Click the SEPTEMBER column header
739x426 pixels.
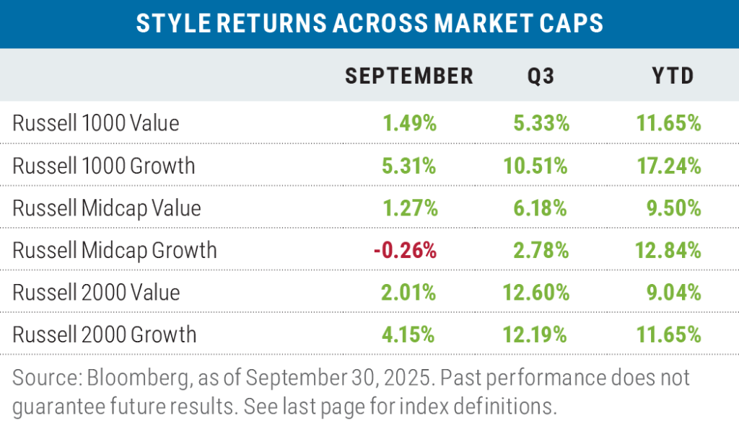pos(408,76)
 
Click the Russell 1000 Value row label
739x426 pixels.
pos(96,123)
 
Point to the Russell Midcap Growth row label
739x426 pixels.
pos(115,250)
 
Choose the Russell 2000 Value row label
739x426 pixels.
pos(96,292)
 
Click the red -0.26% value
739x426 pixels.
pos(405,250)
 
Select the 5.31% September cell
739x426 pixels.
pos(409,166)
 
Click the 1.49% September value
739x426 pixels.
pos(409,123)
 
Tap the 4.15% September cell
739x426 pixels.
pos(409,334)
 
